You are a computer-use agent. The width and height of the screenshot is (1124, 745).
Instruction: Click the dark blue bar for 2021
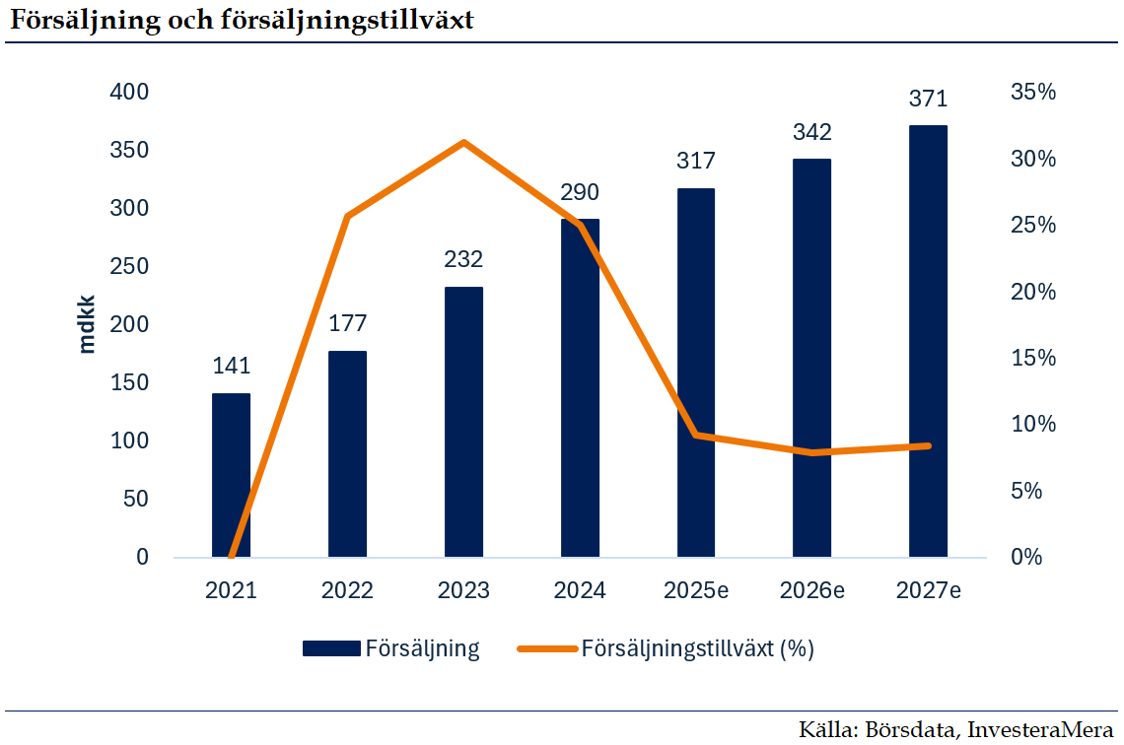point(231,475)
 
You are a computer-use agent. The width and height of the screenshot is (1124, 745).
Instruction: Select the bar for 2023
point(463,422)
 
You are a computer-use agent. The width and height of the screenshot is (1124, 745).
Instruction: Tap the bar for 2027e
point(928,341)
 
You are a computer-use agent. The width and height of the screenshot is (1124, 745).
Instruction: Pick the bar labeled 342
point(811,358)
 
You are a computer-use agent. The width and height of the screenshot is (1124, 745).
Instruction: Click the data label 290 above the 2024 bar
point(580,192)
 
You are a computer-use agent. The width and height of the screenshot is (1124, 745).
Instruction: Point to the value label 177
point(347,324)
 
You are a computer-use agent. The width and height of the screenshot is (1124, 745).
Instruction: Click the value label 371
point(928,99)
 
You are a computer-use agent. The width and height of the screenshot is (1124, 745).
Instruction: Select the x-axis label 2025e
point(695,590)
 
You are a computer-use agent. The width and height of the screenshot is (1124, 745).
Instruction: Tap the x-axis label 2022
point(347,590)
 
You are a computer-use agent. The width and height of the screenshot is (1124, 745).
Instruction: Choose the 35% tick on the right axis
point(1033,92)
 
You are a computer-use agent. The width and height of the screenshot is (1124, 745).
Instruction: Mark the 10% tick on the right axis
point(1033,424)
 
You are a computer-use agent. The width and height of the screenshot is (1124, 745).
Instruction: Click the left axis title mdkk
point(87,323)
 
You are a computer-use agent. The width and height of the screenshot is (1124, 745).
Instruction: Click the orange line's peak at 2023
point(463,142)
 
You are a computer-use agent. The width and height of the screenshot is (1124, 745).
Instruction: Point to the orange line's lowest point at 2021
point(231,555)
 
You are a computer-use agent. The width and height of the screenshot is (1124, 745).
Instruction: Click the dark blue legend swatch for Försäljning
point(329,648)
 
